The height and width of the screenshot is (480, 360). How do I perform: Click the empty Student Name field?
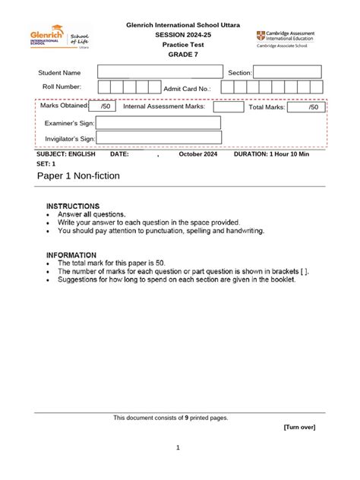pyautogui.click(x=160, y=72)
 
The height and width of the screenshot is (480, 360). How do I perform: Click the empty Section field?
pyautogui.click(x=276, y=72)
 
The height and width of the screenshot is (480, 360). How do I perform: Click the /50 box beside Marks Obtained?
pyautogui.click(x=104, y=107)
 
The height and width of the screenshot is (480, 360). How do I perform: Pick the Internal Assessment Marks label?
pyautogui.click(x=164, y=108)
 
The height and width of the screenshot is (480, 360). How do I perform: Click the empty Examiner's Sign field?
pyautogui.click(x=158, y=123)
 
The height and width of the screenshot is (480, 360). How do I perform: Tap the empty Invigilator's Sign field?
pyautogui.click(x=158, y=138)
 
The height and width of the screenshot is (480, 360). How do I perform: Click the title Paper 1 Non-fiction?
pyautogui.click(x=77, y=176)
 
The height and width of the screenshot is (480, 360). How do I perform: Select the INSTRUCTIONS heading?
pyautogui.click(x=73, y=206)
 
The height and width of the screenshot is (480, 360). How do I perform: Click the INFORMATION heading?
pyautogui.click(x=71, y=255)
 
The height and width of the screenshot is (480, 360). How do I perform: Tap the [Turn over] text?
pyautogui.click(x=299, y=427)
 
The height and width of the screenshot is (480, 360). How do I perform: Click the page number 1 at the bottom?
pyautogui.click(x=177, y=447)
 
